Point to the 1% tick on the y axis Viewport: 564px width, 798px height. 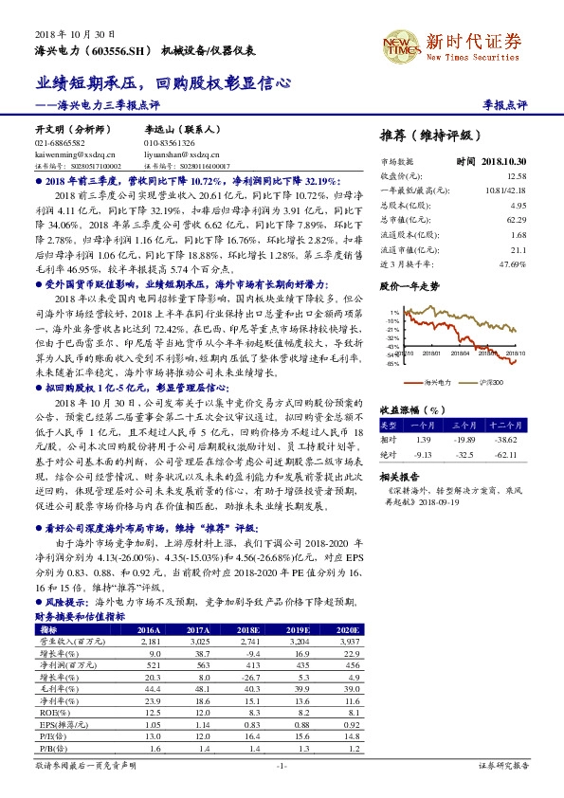click(393, 311)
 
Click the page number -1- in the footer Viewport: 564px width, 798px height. click(282, 765)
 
